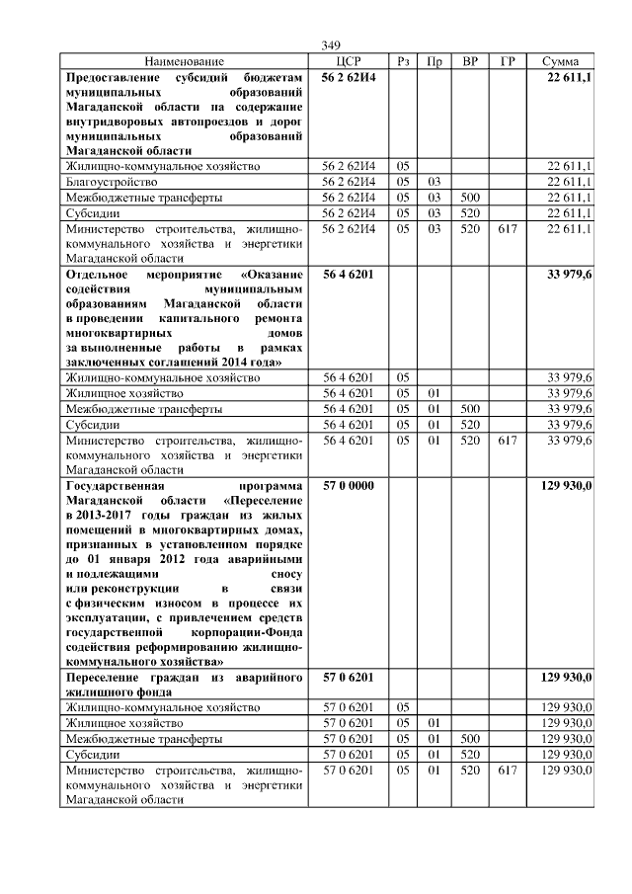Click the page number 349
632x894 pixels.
pyautogui.click(x=331, y=45)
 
